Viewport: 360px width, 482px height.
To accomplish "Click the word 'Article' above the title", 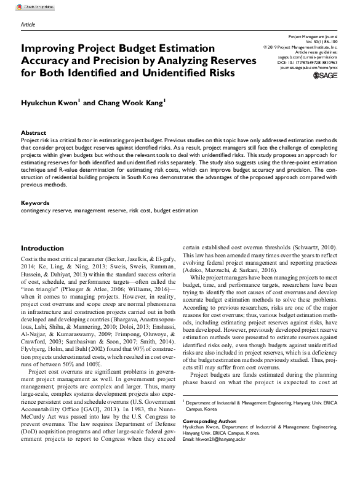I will click(28, 24).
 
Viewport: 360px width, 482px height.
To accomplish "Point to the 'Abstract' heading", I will click(33, 133).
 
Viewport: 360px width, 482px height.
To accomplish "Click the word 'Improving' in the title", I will click(47, 50).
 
